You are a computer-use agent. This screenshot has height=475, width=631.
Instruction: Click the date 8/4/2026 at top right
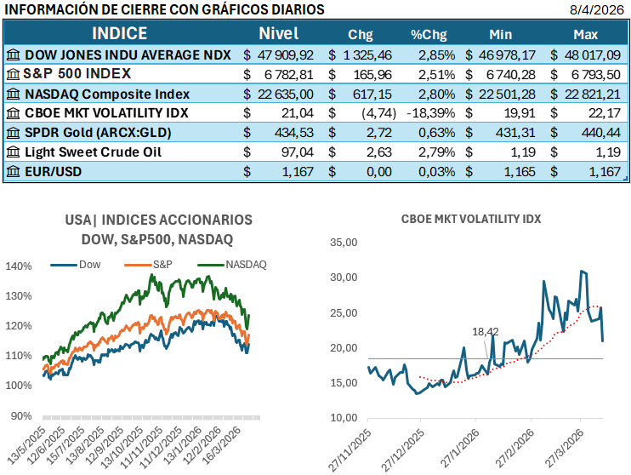click(x=599, y=9)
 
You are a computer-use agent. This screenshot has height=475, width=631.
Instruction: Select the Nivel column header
click(x=278, y=34)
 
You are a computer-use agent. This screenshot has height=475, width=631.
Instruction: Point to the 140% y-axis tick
click(x=18, y=266)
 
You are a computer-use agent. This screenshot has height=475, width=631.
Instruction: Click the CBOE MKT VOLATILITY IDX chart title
click(x=471, y=219)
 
